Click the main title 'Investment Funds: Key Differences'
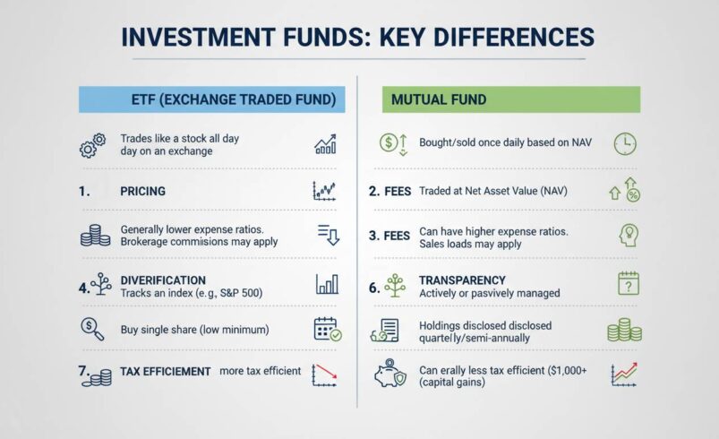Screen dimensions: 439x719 (358, 37)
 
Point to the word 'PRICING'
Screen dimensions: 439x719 (142, 191)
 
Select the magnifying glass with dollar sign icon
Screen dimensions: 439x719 (91, 329)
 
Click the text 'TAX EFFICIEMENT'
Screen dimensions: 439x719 (165, 371)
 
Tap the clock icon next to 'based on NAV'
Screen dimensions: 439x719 (624, 142)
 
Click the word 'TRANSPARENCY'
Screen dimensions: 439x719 (462, 280)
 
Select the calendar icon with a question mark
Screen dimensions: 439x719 (629, 284)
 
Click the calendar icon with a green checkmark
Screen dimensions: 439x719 (327, 330)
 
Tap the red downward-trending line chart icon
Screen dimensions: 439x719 (323, 374)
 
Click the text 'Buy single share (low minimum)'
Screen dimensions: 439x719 (194, 330)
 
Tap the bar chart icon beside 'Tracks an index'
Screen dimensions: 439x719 (327, 284)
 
